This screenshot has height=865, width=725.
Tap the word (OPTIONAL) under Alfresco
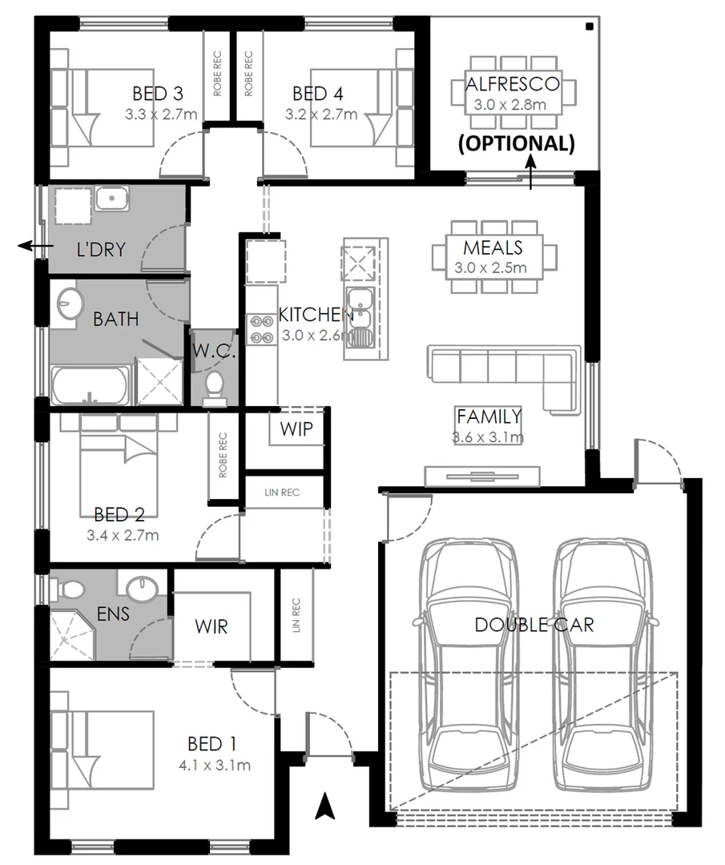tap(515, 144)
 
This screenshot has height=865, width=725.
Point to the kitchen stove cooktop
tap(262, 329)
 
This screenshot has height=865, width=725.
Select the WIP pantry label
tap(296, 428)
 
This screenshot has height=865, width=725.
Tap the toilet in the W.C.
tap(214, 388)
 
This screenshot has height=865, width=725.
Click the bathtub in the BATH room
tap(89, 386)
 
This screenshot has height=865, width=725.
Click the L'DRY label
tap(101, 249)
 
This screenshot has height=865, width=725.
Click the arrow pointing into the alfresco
tap(532, 173)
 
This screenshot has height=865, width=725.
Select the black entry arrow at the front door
tap(324, 805)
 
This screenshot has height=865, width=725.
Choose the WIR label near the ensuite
tap(211, 626)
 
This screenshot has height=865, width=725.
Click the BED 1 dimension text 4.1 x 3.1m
tap(215, 766)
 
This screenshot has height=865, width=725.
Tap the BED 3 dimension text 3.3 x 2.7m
tap(161, 115)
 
